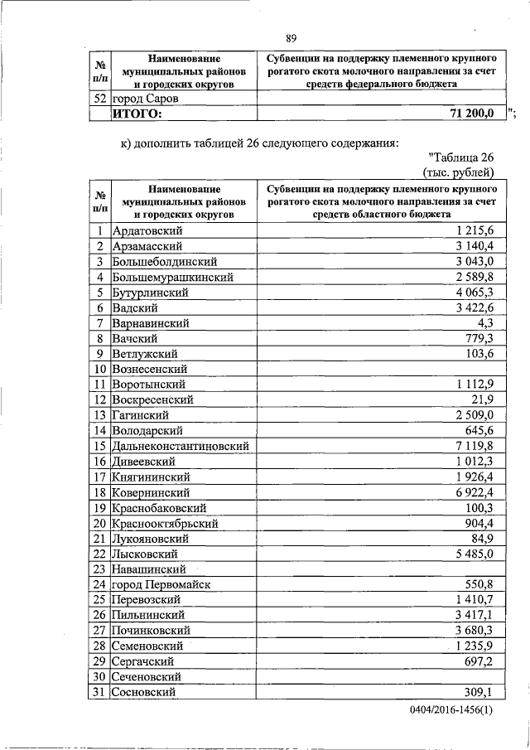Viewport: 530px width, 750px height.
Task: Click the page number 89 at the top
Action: coord(291,38)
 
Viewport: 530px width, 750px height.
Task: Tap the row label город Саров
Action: coord(147,99)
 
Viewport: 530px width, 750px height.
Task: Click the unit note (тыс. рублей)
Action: coord(458,172)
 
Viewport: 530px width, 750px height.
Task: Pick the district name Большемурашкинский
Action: coord(172,277)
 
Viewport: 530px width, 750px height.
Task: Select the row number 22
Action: coord(99,554)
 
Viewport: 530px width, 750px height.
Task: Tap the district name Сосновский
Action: coord(143,692)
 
